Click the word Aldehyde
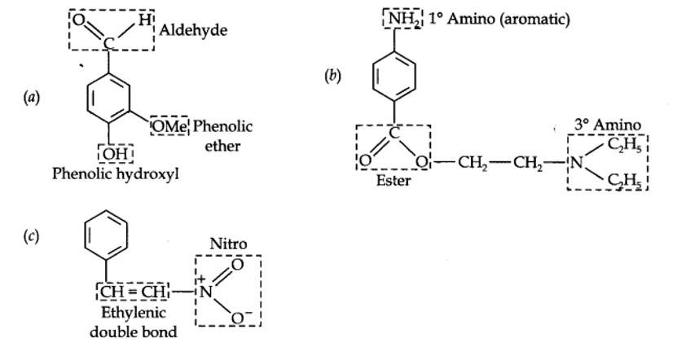(x=194, y=30)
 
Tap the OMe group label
(x=170, y=125)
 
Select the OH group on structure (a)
(x=116, y=153)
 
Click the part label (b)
(x=332, y=76)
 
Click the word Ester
(x=393, y=181)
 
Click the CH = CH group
(x=130, y=290)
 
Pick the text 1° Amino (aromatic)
(x=499, y=18)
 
